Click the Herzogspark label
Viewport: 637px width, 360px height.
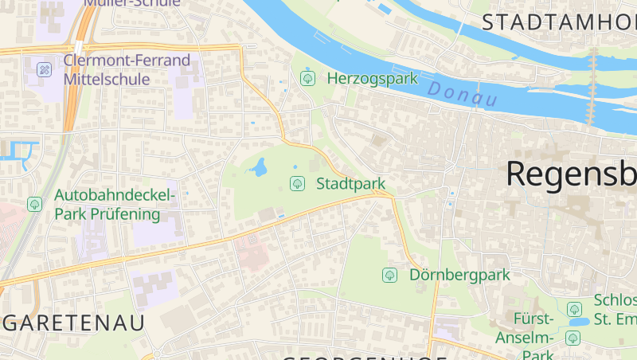click(x=373, y=78)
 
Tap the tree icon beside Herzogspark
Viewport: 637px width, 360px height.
click(x=307, y=78)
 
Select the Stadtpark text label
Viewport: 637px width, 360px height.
click(x=351, y=184)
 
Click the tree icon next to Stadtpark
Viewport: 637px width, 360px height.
click(x=297, y=184)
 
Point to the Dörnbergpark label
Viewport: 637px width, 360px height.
click(x=459, y=275)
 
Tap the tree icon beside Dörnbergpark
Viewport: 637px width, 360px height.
click(x=389, y=275)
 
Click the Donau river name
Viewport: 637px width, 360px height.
click(x=462, y=94)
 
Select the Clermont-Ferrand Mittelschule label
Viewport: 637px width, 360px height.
click(x=127, y=69)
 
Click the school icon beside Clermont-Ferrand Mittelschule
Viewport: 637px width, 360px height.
click(x=45, y=70)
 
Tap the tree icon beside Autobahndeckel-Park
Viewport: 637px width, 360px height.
click(x=34, y=204)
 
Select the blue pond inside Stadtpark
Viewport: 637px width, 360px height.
click(x=258, y=167)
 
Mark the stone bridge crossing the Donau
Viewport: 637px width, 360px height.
click(x=592, y=88)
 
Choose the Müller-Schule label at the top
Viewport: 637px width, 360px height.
click(x=131, y=3)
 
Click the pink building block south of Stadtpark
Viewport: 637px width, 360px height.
click(x=250, y=253)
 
